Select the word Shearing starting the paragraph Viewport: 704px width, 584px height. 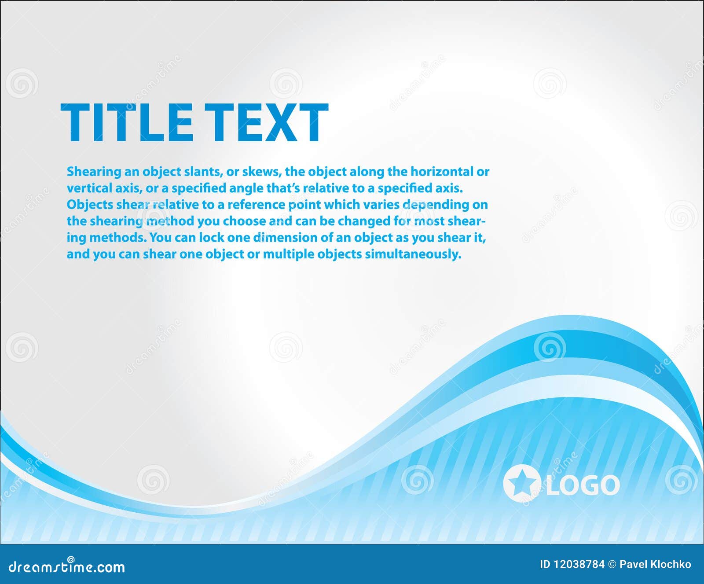tap(94, 172)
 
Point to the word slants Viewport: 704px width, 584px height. tap(204, 172)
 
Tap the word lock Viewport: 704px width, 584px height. tap(213, 238)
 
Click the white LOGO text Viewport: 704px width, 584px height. tap(583, 485)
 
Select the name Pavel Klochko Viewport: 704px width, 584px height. tap(655, 565)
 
